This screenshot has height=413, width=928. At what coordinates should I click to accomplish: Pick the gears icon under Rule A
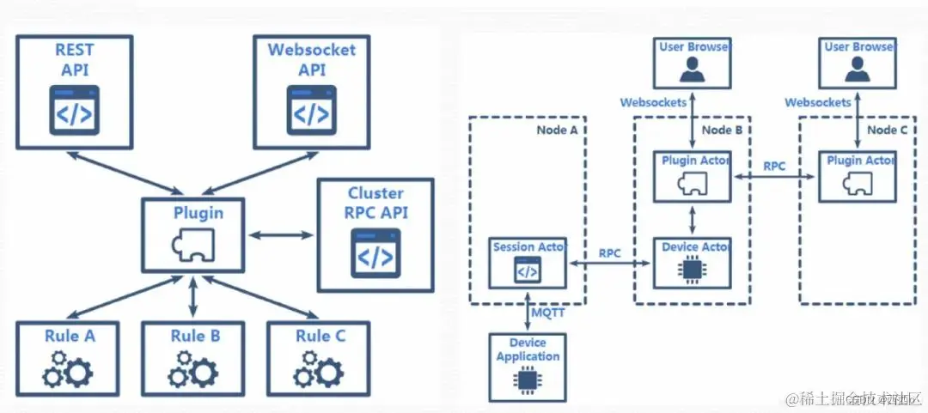[x=70, y=368]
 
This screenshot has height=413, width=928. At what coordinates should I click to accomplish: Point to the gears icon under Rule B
[x=192, y=368]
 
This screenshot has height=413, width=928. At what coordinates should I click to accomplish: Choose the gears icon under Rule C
[x=318, y=368]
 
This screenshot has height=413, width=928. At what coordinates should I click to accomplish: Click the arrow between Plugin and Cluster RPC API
[x=280, y=234]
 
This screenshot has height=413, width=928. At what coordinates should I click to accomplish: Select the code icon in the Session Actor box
[x=527, y=270]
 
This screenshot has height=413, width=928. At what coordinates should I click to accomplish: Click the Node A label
[x=557, y=130]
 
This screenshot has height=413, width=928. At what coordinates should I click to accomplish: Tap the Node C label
[x=888, y=130]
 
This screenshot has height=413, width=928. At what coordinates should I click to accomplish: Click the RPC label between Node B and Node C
[x=774, y=165]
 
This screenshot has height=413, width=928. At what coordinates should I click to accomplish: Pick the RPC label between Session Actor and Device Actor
[x=611, y=254]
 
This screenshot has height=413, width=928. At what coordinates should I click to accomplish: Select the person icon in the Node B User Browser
[x=692, y=69]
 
